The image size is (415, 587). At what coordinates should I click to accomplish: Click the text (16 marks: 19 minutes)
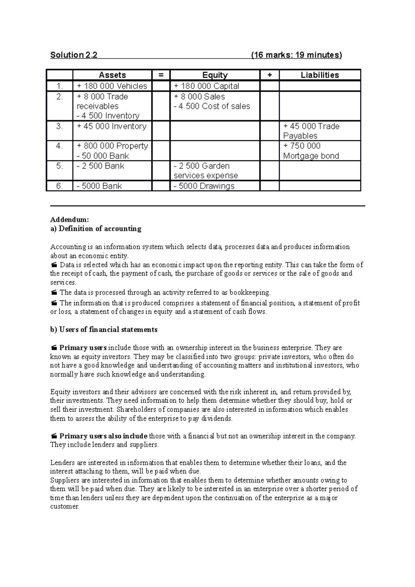(x=296, y=55)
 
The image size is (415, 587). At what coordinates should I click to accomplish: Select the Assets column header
(x=112, y=75)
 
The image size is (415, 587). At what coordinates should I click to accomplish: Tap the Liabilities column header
(x=320, y=75)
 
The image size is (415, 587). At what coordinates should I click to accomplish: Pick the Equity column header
(x=215, y=75)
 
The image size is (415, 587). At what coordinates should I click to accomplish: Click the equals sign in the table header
(x=161, y=75)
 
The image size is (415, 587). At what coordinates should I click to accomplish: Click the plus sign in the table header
(x=269, y=75)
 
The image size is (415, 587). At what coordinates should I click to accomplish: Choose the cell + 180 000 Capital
(x=206, y=86)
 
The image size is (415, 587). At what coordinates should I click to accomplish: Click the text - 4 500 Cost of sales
(x=212, y=106)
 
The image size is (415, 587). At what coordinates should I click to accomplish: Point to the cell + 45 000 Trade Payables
(x=311, y=131)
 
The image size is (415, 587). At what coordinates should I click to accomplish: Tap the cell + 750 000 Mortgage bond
(x=311, y=151)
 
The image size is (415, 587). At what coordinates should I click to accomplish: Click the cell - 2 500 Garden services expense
(x=205, y=171)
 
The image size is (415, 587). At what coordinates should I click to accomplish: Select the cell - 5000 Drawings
(x=204, y=186)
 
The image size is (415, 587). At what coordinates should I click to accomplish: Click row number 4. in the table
(x=59, y=146)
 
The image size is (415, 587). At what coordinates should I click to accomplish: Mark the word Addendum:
(x=70, y=220)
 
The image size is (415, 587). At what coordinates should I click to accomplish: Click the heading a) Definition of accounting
(x=96, y=229)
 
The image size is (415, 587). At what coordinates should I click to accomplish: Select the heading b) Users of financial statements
(x=104, y=329)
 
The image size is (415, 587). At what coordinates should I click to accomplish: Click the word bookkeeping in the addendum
(x=249, y=292)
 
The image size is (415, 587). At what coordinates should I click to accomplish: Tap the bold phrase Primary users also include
(x=103, y=436)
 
